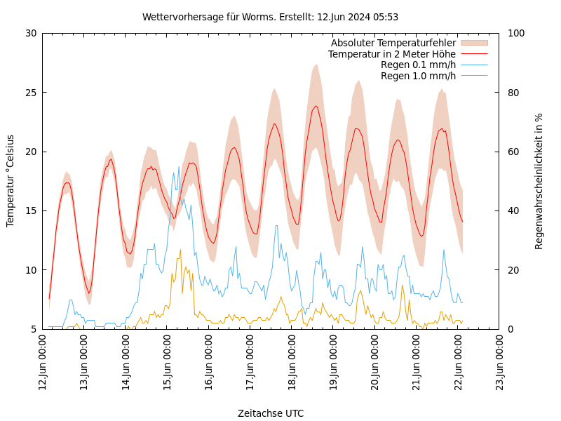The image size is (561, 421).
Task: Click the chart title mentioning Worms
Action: (270, 17)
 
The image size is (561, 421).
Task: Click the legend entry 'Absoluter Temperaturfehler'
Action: (393, 44)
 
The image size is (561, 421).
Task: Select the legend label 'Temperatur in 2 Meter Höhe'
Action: (391, 54)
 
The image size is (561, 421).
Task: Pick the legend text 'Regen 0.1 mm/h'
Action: (418, 65)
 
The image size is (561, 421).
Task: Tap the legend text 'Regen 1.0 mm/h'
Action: (418, 76)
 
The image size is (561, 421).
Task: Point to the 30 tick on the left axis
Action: (31, 33)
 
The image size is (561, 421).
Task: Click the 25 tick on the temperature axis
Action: (31, 93)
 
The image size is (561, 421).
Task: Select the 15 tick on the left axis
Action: (31, 211)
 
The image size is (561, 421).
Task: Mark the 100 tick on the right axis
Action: (515, 33)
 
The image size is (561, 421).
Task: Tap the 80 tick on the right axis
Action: (513, 93)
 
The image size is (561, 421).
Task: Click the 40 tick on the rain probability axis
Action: (513, 211)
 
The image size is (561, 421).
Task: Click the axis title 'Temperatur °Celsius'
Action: (11, 181)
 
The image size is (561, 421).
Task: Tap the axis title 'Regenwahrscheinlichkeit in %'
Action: (539, 181)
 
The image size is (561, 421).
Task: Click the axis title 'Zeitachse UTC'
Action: (271, 413)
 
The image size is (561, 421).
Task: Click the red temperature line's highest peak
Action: (316, 106)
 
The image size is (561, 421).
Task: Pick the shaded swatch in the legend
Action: (473, 44)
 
